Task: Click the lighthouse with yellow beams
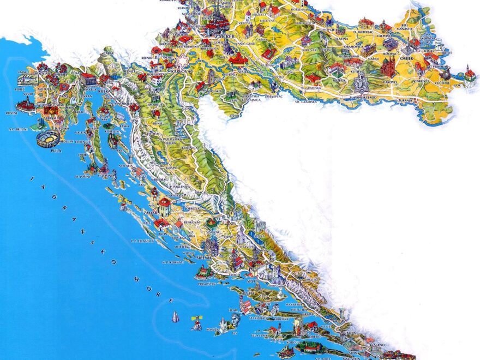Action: click(x=195, y=324)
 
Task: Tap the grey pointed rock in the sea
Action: click(x=175, y=317)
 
